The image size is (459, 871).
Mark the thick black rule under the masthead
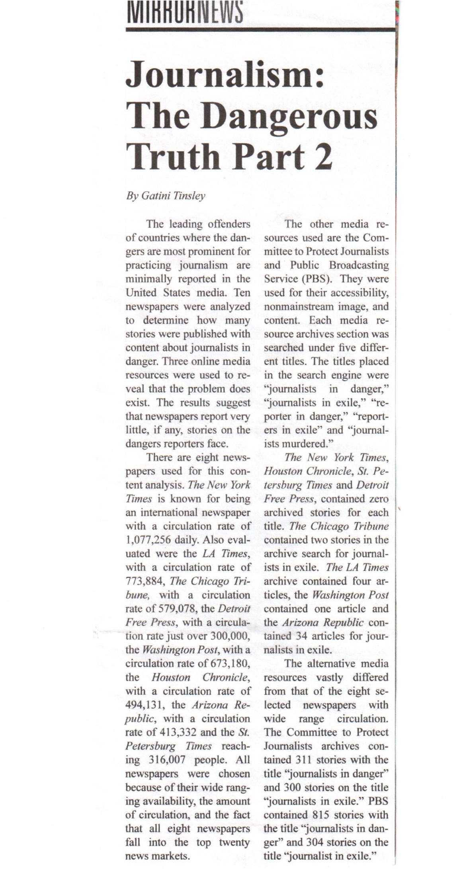(261, 29)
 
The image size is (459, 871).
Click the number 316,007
(167, 760)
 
